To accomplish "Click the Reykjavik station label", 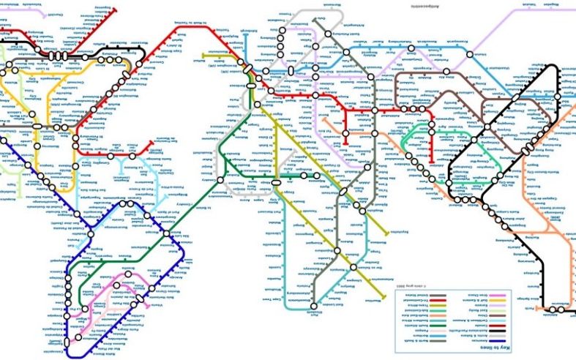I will click(x=212, y=53).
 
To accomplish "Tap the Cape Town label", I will click(x=272, y=299).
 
